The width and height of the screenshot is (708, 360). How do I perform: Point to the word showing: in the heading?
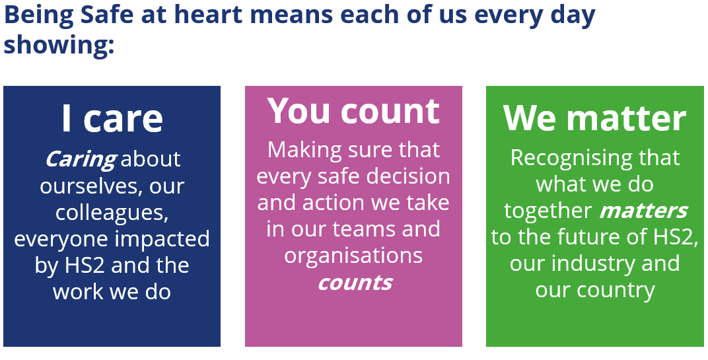point(59,45)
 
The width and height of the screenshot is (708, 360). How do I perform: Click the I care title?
point(112,118)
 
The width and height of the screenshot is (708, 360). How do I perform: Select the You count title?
point(353,111)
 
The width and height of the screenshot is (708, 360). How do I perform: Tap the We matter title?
point(594,118)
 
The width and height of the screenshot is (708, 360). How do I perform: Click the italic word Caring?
point(81,160)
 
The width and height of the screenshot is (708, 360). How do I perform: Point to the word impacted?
point(161,239)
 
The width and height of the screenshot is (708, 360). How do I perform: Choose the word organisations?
point(353,256)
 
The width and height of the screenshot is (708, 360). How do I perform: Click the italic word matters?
point(643,211)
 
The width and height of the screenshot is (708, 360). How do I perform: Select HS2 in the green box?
point(671,237)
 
